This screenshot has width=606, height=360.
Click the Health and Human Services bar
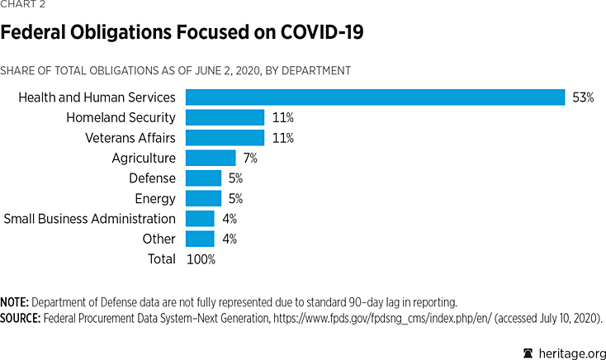pos(375,97)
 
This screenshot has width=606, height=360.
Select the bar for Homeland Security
pos(225,118)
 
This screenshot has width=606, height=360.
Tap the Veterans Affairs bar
pos(225,138)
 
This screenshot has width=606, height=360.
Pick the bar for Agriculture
pos(211,158)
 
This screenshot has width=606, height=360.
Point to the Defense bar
pos(203,178)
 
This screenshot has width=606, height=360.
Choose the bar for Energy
pos(203,198)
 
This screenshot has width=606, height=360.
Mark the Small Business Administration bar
pos(200,219)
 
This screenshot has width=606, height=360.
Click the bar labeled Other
pos(200,239)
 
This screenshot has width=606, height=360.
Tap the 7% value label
pos(251,158)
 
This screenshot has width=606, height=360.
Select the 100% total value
pos(201,259)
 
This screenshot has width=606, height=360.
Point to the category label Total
pos(160,259)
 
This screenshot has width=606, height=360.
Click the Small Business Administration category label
pos(89,219)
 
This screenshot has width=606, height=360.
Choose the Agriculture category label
pos(144,158)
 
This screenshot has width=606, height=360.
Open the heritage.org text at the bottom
pos(570,353)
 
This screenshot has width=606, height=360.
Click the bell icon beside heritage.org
pos(528,353)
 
